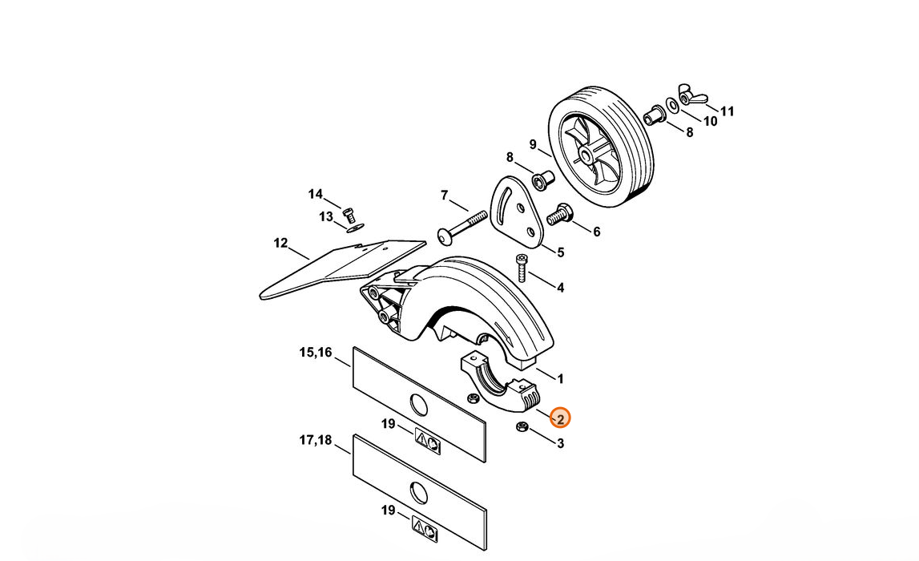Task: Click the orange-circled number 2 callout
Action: coord(560,418)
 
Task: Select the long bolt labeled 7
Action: coord(462,228)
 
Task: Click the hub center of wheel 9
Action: coord(586,156)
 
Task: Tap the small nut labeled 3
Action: coord(521,426)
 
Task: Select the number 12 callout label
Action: coord(280,243)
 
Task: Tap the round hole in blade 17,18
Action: coord(418,492)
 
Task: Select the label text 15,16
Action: coord(316,353)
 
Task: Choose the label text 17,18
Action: coord(316,440)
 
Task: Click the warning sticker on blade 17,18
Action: coord(425,530)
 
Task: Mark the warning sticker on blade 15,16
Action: coord(428,442)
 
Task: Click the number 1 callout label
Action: coord(560,379)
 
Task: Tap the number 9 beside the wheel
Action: coord(533,144)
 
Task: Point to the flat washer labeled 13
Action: coord(353,228)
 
